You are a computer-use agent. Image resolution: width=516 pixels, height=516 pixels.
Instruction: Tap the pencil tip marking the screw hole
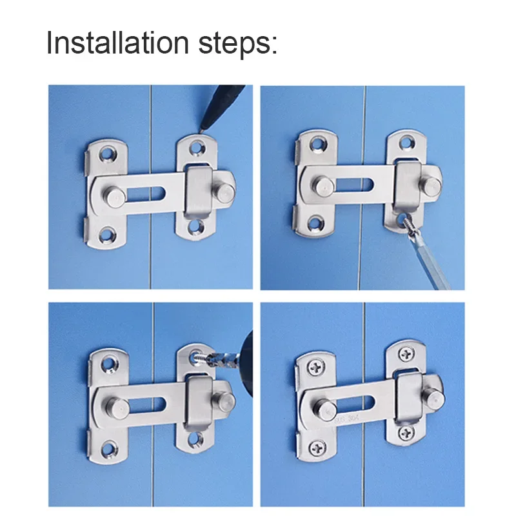pyautogui.click(x=201, y=130)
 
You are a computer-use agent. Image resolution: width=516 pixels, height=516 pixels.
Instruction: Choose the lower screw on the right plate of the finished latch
pyautogui.click(x=404, y=432)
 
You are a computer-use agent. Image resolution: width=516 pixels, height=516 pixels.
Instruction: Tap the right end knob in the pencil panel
pyautogui.click(x=224, y=187)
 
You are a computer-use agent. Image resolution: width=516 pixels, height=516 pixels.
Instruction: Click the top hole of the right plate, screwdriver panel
pyautogui.click(x=406, y=139)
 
